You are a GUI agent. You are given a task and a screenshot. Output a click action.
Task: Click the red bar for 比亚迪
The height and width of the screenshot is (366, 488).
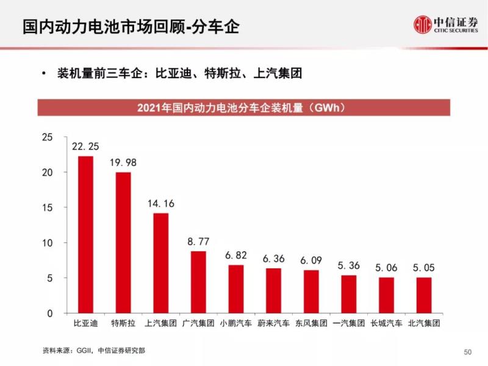[85, 235]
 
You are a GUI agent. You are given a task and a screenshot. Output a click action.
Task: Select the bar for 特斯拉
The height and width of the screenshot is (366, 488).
[123, 243]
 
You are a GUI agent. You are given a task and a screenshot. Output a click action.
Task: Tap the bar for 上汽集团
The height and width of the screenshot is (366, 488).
[161, 263]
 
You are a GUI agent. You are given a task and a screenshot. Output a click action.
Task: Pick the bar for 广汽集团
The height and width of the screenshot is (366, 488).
[198, 282]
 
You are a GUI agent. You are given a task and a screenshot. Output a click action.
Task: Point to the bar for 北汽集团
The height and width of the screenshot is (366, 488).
[424, 295]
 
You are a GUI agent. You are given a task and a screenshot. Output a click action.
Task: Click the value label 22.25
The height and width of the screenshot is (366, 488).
[85, 146]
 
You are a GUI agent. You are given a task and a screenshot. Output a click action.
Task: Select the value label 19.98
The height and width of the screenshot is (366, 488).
[123, 162]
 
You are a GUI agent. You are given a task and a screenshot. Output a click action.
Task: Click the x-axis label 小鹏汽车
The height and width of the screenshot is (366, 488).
[236, 323]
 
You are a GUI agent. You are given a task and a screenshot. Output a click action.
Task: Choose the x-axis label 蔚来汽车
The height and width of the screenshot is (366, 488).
[273, 323]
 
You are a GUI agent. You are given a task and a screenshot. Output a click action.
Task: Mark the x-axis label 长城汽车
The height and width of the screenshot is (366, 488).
[386, 323]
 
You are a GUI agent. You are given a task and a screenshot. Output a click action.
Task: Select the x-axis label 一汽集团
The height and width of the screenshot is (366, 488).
[349, 323]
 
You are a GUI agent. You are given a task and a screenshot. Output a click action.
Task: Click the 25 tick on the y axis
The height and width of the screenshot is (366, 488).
[47, 137]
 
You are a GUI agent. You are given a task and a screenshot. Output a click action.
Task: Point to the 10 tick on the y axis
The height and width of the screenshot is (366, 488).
[47, 243]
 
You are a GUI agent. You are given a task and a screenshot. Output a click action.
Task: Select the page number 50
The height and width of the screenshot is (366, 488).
[468, 352]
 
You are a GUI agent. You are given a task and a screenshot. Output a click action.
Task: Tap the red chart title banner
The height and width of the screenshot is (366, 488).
[244, 107]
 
